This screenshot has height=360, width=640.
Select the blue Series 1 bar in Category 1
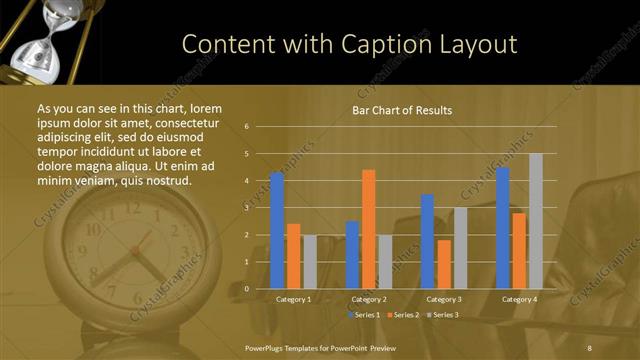pyautogui.click(x=277, y=230)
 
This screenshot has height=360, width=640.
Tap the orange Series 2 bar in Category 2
pyautogui.click(x=369, y=229)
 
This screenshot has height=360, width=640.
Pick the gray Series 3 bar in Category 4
pyautogui.click(x=535, y=221)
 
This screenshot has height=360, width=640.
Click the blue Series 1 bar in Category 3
pyautogui.click(x=428, y=241)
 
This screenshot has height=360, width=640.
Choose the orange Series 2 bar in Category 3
pyautogui.click(x=444, y=264)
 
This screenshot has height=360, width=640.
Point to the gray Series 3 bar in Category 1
pyautogui.click(x=309, y=261)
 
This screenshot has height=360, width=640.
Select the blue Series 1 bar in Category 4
pyautogui.click(x=503, y=228)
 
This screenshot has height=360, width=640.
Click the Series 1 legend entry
pyautogui.click(x=364, y=315)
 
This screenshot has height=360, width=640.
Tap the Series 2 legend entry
pyautogui.click(x=402, y=315)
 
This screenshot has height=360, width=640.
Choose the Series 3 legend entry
pyautogui.click(x=441, y=315)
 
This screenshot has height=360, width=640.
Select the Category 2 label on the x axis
pyautogui.click(x=369, y=299)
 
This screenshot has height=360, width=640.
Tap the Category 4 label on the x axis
pyautogui.click(x=519, y=299)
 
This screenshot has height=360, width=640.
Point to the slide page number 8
pyautogui.click(x=590, y=347)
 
